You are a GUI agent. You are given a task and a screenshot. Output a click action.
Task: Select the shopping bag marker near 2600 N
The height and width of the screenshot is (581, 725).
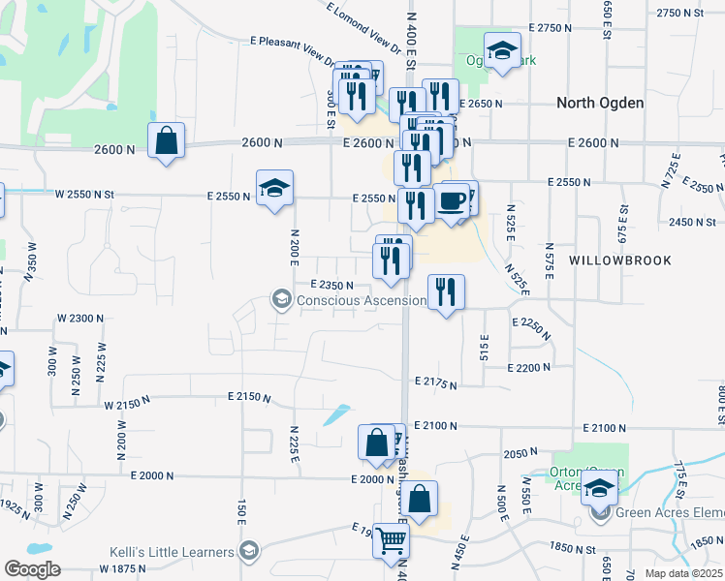[x=167, y=140]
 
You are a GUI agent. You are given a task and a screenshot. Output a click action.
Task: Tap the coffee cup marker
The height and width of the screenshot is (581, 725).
[x=451, y=201]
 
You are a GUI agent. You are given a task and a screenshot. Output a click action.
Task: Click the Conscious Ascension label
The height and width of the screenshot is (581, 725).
[x=361, y=300]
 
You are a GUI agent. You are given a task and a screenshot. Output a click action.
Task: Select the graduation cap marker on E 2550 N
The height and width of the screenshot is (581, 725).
[x=275, y=188]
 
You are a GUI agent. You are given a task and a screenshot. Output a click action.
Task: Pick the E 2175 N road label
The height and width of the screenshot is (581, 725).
[x=435, y=384]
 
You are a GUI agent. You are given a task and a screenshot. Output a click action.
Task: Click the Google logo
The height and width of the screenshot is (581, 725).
[x=32, y=569]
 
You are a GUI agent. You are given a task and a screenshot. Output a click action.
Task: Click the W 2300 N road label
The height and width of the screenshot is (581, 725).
[x=80, y=318]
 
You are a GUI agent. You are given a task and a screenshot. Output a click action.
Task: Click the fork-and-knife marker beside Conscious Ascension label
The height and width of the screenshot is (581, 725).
[x=446, y=292]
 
